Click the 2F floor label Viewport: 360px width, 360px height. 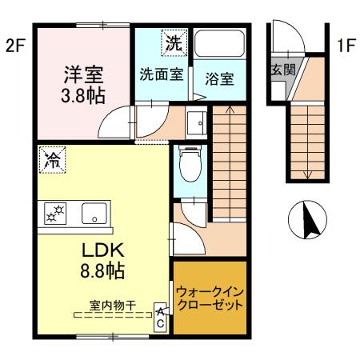[x=16, y=46]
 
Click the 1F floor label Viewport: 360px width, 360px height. [x=345, y=46]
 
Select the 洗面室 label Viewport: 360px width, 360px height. [x=162, y=77]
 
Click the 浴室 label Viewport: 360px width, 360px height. [x=218, y=81]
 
